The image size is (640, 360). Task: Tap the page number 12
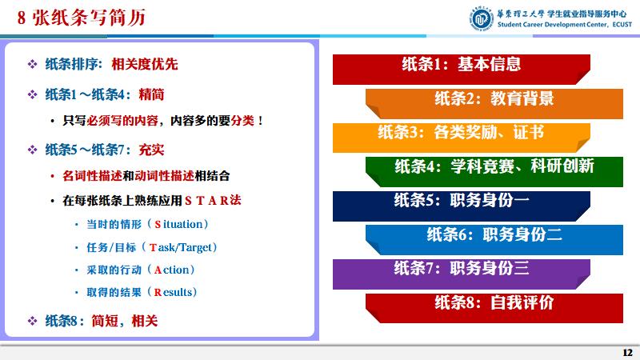pyautogui.click(x=627, y=353)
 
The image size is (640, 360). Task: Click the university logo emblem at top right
pyautogui.click(x=479, y=17)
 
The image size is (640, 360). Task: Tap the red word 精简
pyautogui.click(x=151, y=94)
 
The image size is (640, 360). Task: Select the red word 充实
pyautogui.click(x=151, y=150)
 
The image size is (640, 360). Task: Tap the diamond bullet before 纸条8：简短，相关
pyautogui.click(x=33, y=321)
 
